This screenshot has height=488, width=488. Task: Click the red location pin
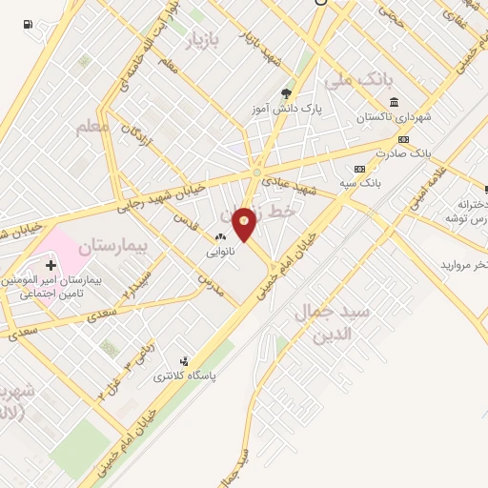click(x=245, y=223)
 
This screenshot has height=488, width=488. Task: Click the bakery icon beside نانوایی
click(x=220, y=236)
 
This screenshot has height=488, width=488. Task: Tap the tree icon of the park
click(x=287, y=92)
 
